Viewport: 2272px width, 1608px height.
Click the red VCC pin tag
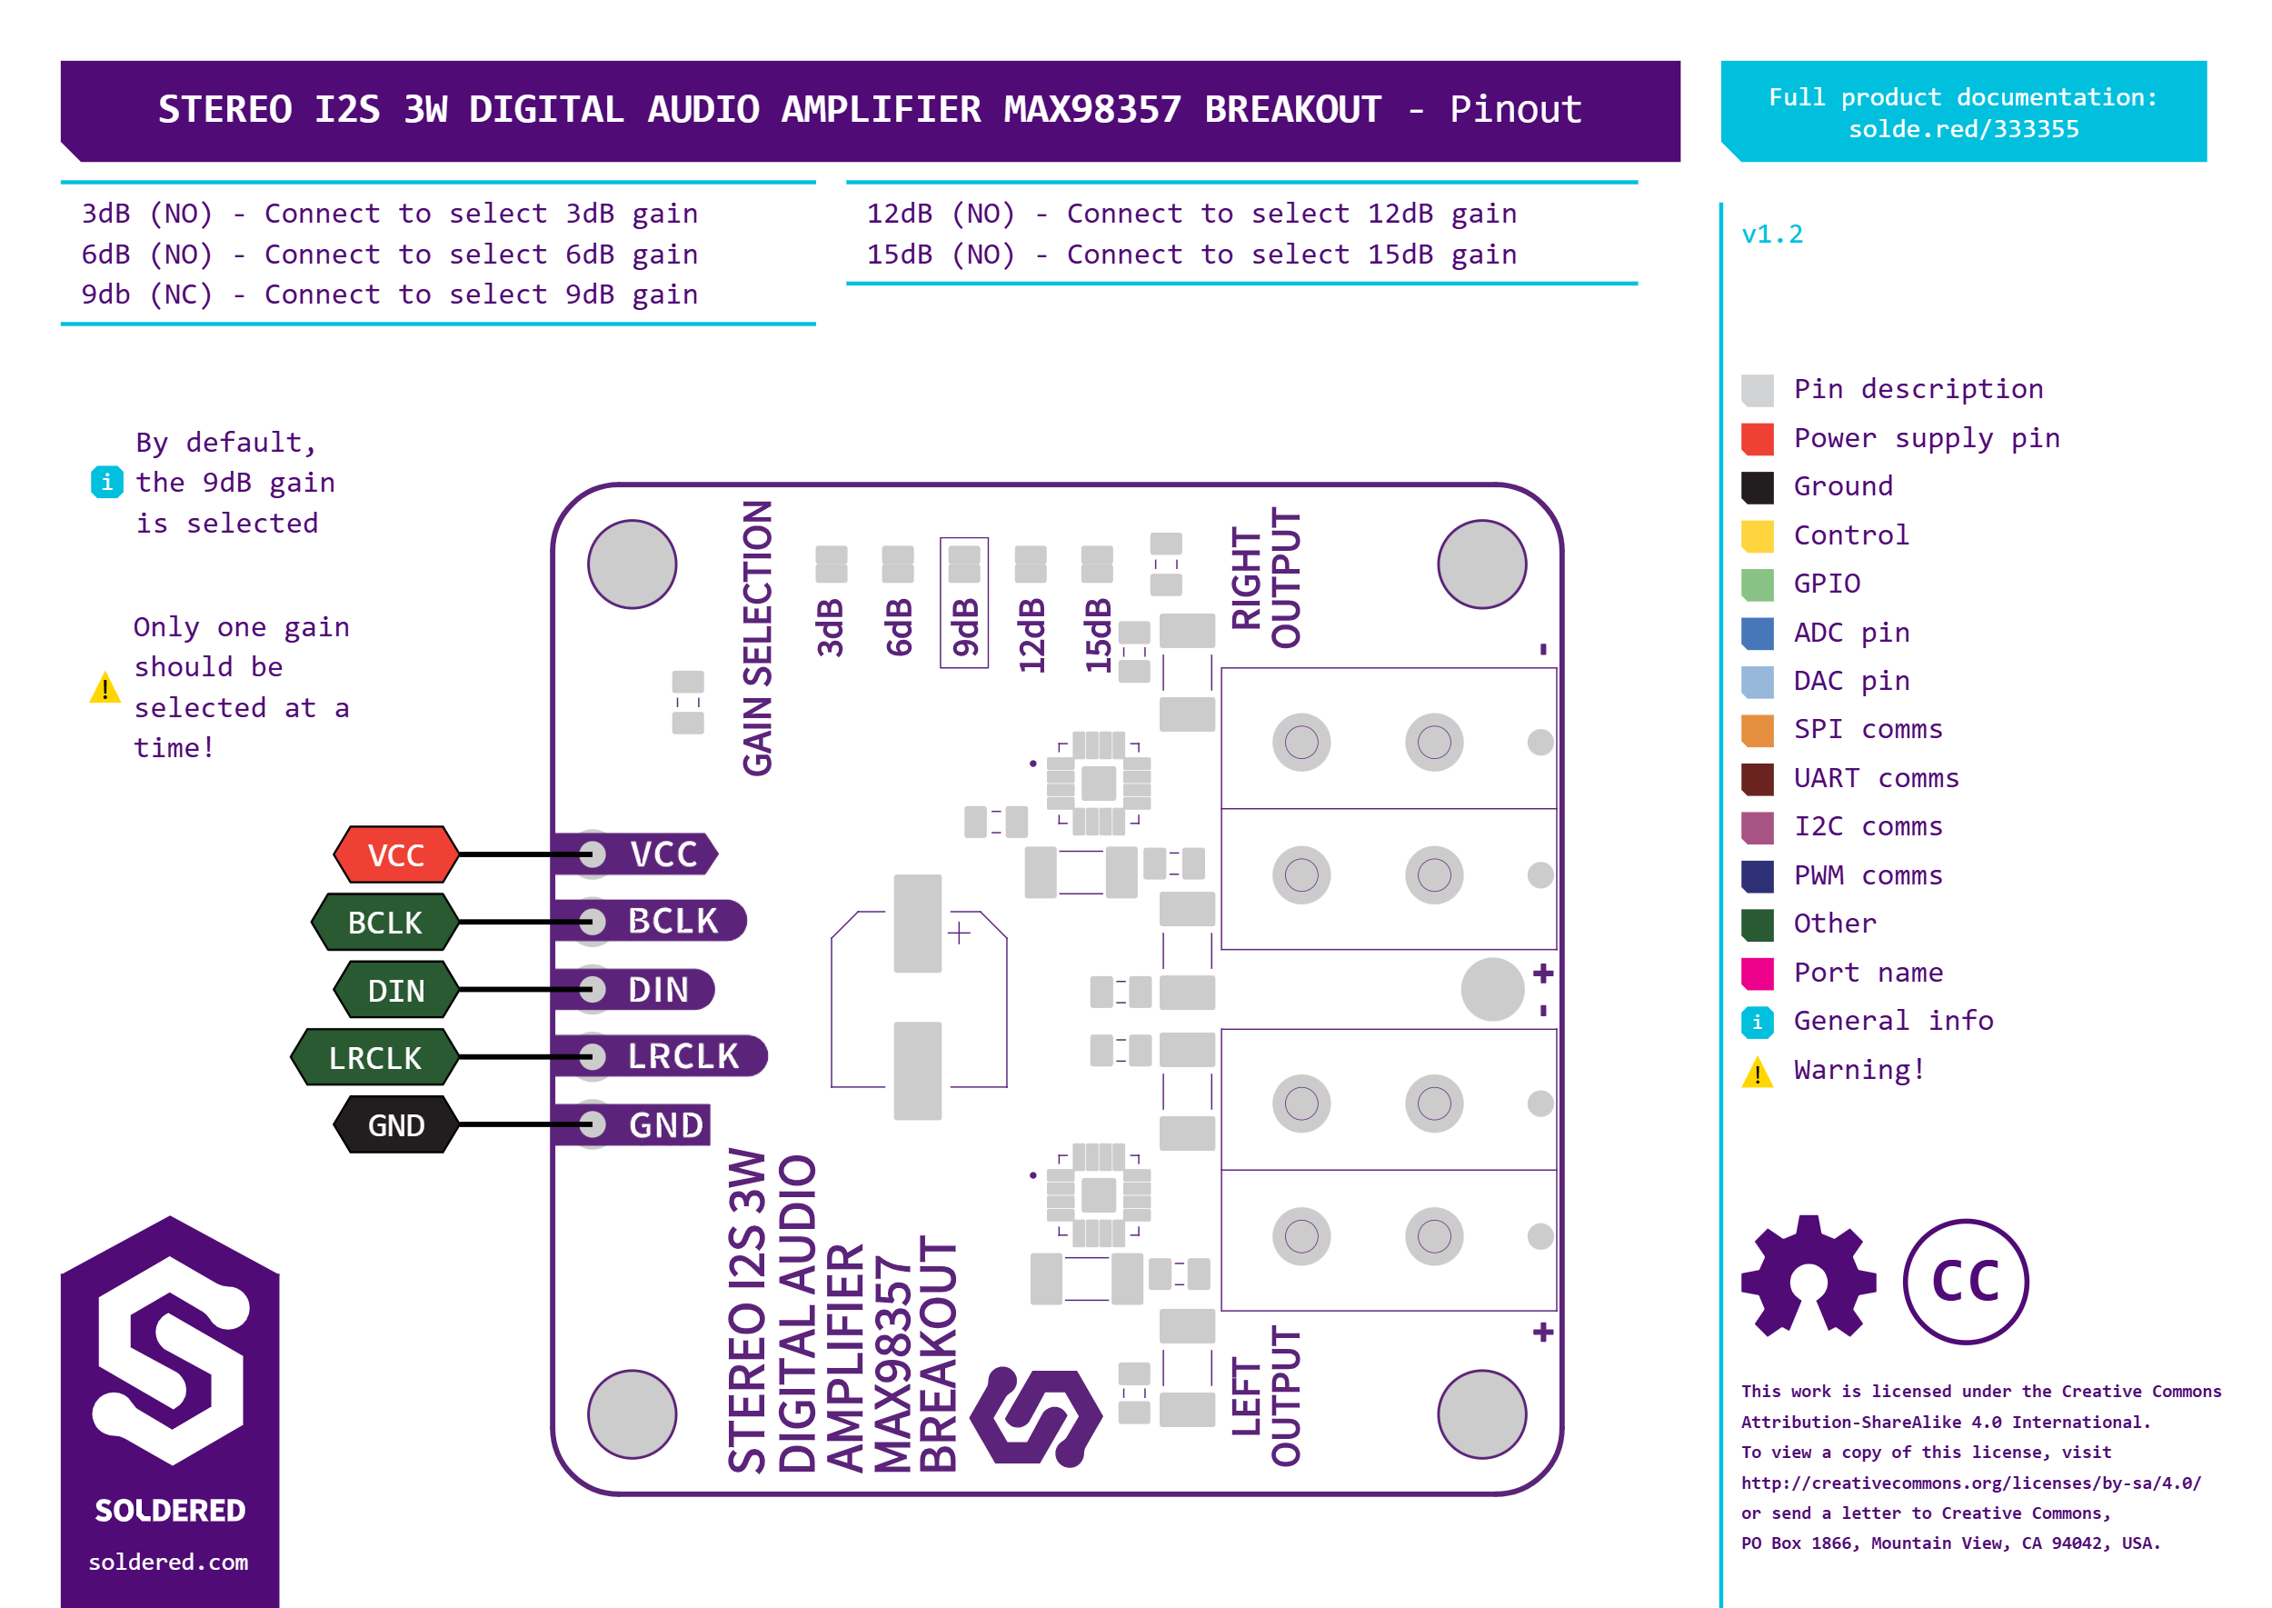[x=396, y=854]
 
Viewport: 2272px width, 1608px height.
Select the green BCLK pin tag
[x=385, y=922]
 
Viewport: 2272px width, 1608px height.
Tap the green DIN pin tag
[x=396, y=990]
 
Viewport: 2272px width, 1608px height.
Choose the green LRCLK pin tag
[x=375, y=1057]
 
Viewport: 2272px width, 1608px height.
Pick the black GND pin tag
[x=396, y=1124]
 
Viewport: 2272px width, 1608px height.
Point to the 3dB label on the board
[x=831, y=628]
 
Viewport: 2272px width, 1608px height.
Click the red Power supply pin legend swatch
[x=1758, y=439]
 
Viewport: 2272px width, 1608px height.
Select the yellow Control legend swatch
[x=1758, y=535]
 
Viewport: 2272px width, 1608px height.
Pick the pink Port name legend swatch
[x=1758, y=974]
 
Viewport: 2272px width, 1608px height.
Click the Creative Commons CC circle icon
[x=1965, y=1282]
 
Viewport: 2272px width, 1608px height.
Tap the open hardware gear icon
[x=1809, y=1277]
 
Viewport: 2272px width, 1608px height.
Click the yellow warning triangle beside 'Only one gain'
[x=105, y=687]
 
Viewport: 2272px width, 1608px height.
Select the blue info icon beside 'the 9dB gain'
[x=107, y=482]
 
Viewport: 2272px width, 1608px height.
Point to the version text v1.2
[x=1772, y=235]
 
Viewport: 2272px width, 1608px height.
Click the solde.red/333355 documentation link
[x=1963, y=130]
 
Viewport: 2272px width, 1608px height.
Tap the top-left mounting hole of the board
[x=632, y=564]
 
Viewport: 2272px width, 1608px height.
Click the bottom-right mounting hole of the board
[x=1482, y=1414]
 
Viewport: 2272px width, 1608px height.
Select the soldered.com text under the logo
[x=168, y=1562]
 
